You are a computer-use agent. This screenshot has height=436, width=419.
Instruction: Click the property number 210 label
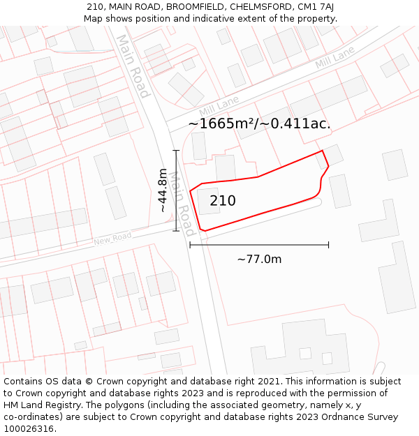tap(223, 201)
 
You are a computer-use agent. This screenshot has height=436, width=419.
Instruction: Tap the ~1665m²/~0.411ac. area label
tap(259, 123)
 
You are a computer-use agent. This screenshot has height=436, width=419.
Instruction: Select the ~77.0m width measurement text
tap(259, 260)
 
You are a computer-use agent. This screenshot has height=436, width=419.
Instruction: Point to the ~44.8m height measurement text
tap(163, 190)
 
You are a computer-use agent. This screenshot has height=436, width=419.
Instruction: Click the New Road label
tap(112, 239)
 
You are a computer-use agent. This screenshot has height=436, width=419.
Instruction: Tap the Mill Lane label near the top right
tap(335, 58)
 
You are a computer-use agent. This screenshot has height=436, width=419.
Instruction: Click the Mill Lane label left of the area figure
tap(219, 107)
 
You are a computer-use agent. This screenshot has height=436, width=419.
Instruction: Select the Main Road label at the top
tap(132, 66)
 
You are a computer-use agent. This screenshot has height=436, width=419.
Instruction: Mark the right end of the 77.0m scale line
tap(328, 245)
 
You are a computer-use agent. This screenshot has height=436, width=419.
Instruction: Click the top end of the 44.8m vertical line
tap(176, 151)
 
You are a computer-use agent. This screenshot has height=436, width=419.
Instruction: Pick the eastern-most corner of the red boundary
tap(328, 167)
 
